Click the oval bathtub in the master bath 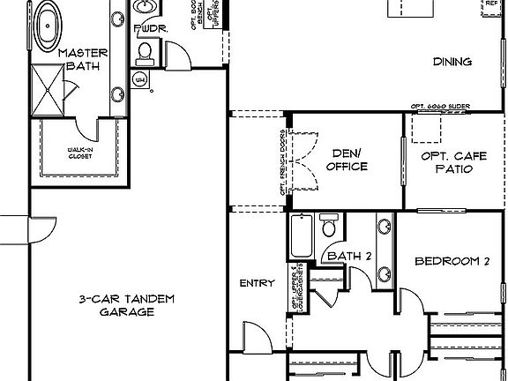[44, 22]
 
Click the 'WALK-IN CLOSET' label [81, 152]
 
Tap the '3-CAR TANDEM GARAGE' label [125, 305]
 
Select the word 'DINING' [452, 62]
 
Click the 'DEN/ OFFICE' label [347, 159]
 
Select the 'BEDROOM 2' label [452, 261]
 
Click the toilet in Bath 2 [329, 228]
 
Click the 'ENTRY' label [257, 284]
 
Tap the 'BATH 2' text [344, 257]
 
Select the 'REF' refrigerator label [492, 4]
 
